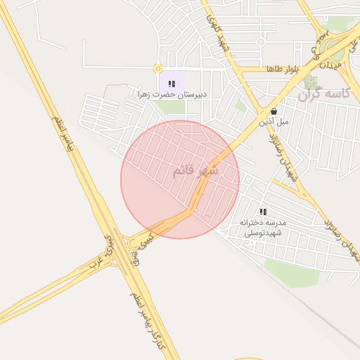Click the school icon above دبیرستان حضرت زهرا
pyautogui.click(x=172, y=84)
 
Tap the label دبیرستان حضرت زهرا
pyautogui.click(x=173, y=94)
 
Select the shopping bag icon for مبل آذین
pyautogui.click(x=273, y=111)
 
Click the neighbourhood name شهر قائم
pyautogui.click(x=195, y=171)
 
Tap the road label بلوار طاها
pyautogui.click(x=283, y=69)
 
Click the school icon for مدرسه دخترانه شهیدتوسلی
pyautogui.click(x=263, y=211)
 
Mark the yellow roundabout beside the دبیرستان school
pyautogui.click(x=157, y=69)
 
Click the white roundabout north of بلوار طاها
pyautogui.click(x=261, y=41)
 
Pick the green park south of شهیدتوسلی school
pyautogui.click(x=292, y=274)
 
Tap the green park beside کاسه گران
pyautogui.click(x=310, y=82)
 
